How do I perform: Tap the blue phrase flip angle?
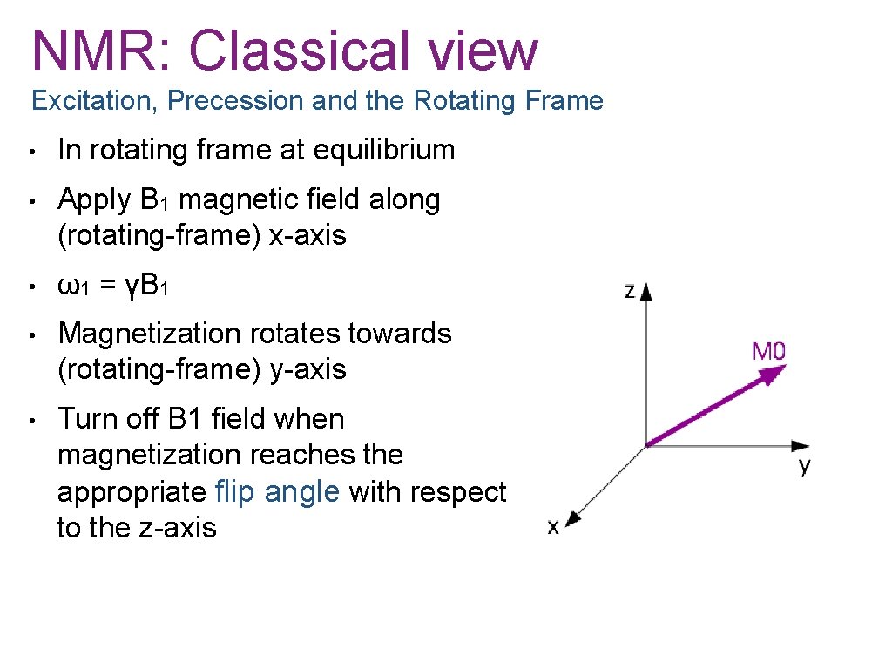pos(277,492)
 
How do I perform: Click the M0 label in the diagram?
pos(769,352)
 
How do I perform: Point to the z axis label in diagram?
pos(630,290)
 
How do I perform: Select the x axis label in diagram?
pos(553,527)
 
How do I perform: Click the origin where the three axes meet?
pos(645,446)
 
